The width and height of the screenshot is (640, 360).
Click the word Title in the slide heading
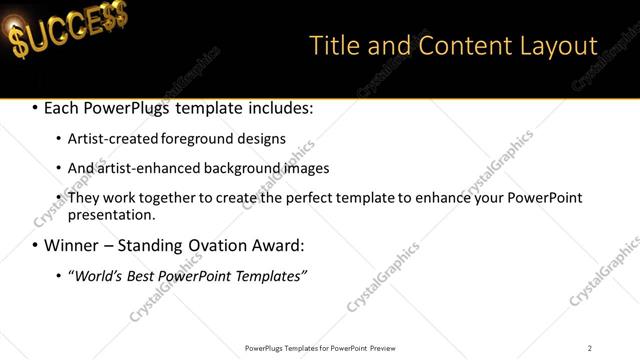[x=333, y=46]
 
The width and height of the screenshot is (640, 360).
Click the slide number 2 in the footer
[x=590, y=348]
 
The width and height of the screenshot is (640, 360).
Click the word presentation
[x=111, y=215]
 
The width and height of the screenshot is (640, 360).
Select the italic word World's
[x=96, y=275]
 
